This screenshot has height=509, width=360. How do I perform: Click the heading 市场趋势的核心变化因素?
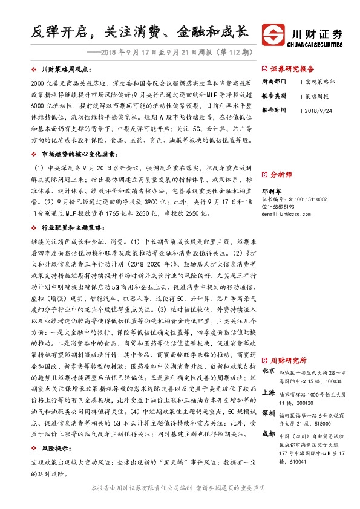[77, 155]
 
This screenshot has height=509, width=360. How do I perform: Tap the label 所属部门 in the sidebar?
[273, 81]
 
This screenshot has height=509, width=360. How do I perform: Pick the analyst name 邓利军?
[272, 189]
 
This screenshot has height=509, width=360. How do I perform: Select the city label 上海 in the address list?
[269, 392]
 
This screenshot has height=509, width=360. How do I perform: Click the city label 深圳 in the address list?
[269, 414]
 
